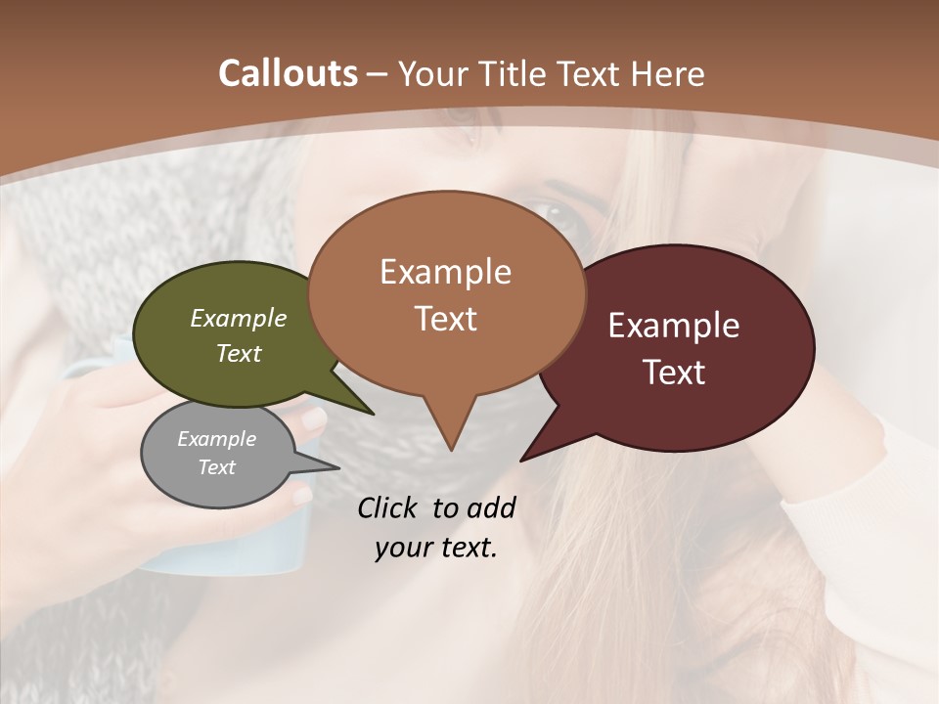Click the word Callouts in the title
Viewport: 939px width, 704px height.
[x=288, y=73]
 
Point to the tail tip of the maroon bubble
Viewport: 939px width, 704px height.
[x=522, y=460]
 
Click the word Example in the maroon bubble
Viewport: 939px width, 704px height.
[x=674, y=326]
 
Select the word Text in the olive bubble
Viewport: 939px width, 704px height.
[x=239, y=354]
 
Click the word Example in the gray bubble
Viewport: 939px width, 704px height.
[x=216, y=439]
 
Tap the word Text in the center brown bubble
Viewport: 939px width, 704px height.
[x=446, y=319]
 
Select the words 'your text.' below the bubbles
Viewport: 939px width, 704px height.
[x=436, y=548]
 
